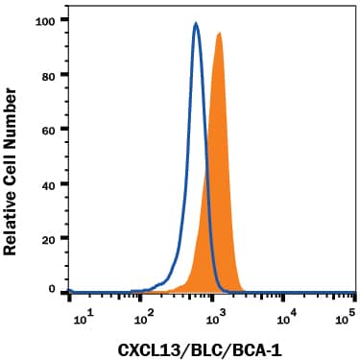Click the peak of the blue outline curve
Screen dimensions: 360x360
coord(196,25)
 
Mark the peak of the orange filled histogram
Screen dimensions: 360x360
coord(220,34)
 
